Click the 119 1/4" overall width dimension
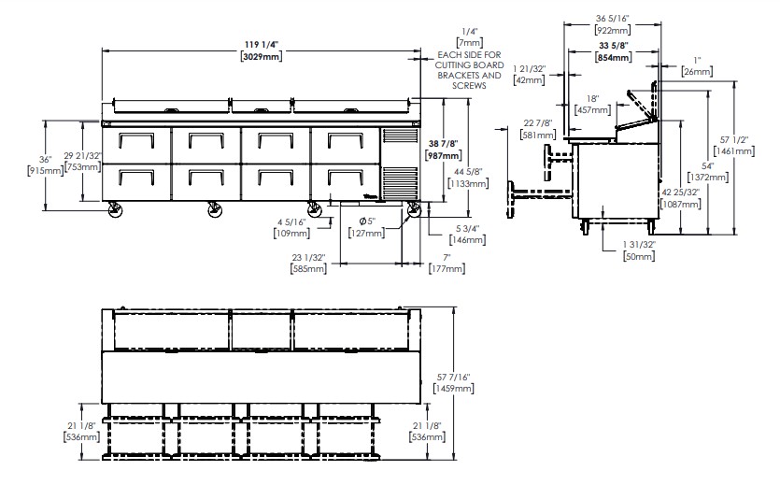click(262, 45)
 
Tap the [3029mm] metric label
click(262, 56)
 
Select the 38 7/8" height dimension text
click(443, 144)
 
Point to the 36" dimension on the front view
click(45, 160)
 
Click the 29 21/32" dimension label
click(82, 156)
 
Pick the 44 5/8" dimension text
click(468, 172)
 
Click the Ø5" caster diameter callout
click(366, 221)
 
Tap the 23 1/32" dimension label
click(308, 258)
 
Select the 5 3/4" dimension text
click(467, 229)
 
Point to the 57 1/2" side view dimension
click(734, 140)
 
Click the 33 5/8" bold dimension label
click(614, 46)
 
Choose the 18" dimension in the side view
click(592, 99)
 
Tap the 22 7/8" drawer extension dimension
click(538, 123)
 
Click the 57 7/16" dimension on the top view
click(453, 378)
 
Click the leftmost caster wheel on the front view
click(116, 210)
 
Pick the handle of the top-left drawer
click(135, 140)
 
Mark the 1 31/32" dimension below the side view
click(639, 245)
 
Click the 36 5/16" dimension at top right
click(613, 19)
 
